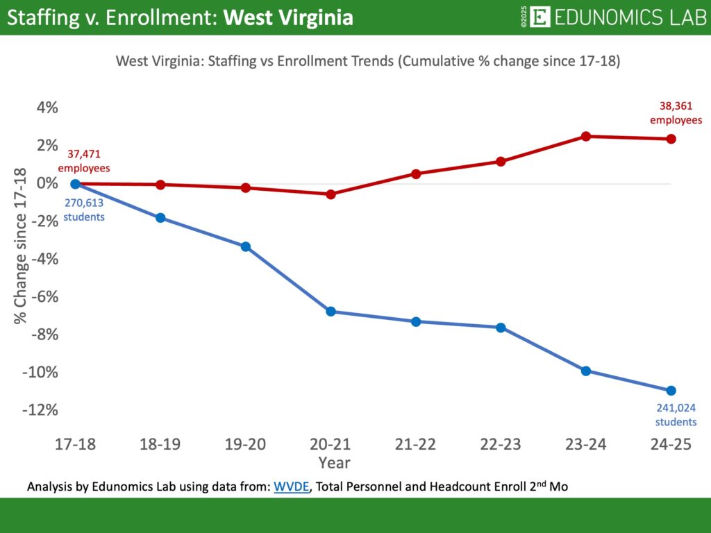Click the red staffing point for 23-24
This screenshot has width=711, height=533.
point(586,136)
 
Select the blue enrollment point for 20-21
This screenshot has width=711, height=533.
point(331,312)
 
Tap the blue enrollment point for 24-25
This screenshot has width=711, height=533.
point(671,391)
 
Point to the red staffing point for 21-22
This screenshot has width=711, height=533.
point(416,174)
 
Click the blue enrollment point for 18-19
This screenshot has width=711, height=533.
point(160,218)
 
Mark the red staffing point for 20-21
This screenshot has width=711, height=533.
point(331,194)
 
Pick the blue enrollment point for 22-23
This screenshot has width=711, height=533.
point(501,328)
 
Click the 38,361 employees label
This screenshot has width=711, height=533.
point(676,113)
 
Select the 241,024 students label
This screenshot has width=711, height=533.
point(676,414)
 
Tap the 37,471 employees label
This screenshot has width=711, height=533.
point(84,162)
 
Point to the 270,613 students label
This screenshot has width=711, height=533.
point(84,210)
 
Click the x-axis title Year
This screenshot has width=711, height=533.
point(334,462)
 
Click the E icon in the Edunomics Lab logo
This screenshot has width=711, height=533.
point(539,17)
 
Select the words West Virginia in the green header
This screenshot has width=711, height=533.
point(287,17)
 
